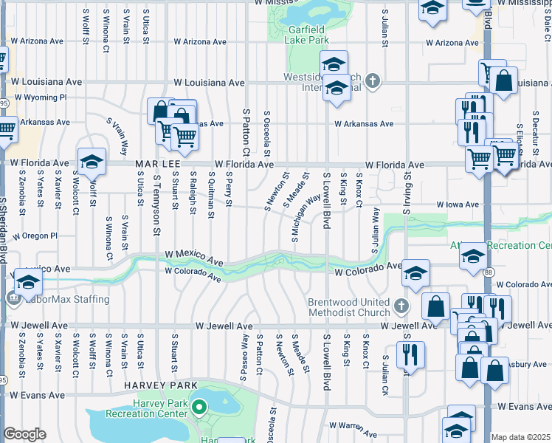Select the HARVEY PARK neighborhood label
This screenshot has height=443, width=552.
pyautogui.click(x=160, y=385)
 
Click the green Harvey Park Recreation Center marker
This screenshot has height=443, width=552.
pyautogui.click(x=199, y=406)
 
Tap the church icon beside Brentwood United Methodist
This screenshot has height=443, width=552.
pyautogui.click(x=401, y=305)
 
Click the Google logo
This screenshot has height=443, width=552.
pyautogui.click(x=24, y=433)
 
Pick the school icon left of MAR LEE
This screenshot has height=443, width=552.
pyautogui.click(x=92, y=162)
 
